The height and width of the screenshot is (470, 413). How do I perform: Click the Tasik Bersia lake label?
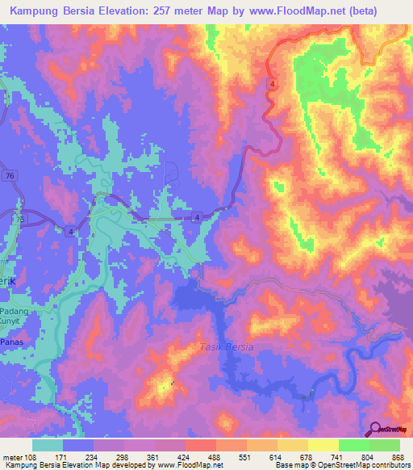pos(226,346)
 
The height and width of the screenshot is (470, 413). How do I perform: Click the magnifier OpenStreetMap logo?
pos(375,428)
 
